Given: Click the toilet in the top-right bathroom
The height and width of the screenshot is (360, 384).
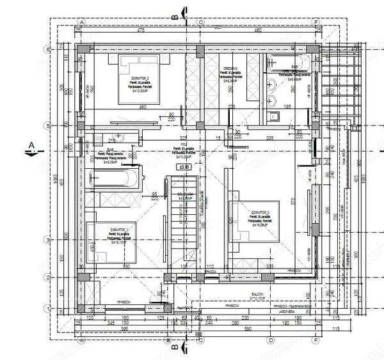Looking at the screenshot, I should [x=274, y=116].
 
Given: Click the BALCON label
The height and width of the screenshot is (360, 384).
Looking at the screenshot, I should [x=257, y=295].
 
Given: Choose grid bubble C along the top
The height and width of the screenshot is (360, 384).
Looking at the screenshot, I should [x=200, y=21].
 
